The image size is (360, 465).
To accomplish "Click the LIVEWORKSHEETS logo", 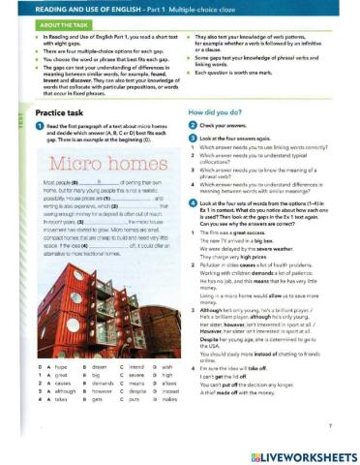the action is click(296, 454).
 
